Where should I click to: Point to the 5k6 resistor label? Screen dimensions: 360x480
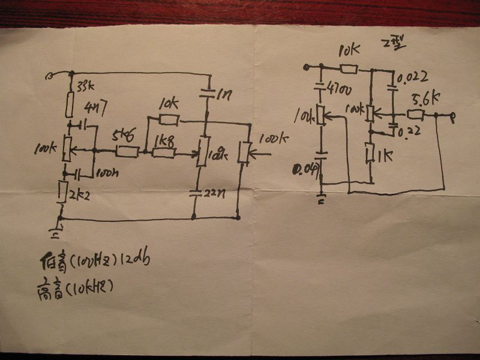click(x=122, y=136)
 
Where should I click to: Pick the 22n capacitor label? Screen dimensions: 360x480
click(x=214, y=193)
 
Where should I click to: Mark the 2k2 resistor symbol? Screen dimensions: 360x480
click(x=62, y=191)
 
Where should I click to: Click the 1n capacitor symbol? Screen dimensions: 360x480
click(x=208, y=94)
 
